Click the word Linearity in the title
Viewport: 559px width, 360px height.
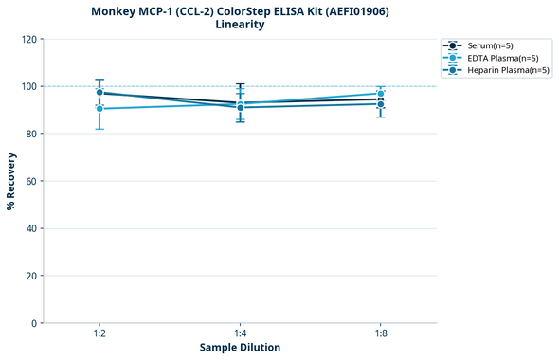240,25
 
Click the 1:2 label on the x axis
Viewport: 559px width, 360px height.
99,333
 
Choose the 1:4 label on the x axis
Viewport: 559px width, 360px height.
240,333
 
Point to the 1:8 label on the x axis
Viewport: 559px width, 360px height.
381,333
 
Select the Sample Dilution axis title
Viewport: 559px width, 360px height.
240,348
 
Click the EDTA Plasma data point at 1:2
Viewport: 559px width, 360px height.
99,109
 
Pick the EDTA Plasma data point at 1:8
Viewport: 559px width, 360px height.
381,94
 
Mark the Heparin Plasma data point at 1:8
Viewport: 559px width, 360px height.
381,104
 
